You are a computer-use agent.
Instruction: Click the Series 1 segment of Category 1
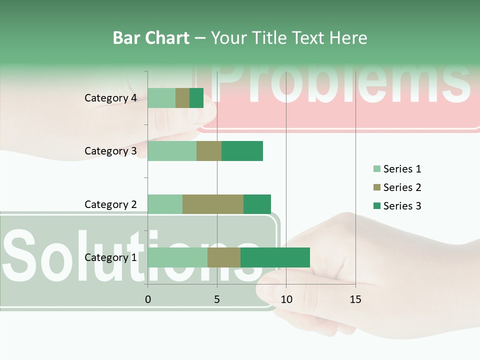[177, 257]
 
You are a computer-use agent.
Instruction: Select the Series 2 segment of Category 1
[224, 257]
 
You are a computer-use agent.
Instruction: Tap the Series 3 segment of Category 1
[275, 257]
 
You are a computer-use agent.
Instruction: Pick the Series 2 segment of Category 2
[213, 204]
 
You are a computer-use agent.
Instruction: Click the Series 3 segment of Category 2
[257, 204]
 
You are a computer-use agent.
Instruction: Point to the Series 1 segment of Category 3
[172, 151]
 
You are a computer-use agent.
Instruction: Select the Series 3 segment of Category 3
[242, 151]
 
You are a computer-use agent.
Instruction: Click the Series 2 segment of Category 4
[182, 98]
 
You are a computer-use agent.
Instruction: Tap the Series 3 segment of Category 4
[196, 98]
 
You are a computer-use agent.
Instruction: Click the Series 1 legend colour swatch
[376, 169]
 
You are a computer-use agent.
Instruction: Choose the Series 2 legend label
[402, 187]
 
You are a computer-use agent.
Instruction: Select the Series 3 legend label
[402, 206]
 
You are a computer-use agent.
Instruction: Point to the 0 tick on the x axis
[147, 299]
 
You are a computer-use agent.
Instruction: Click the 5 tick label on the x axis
[217, 299]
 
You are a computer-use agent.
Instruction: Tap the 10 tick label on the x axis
[286, 299]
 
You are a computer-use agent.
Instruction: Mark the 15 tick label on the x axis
[355, 299]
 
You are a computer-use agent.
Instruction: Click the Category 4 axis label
[110, 98]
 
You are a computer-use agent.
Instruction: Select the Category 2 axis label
[110, 204]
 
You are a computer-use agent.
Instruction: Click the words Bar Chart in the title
[151, 38]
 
